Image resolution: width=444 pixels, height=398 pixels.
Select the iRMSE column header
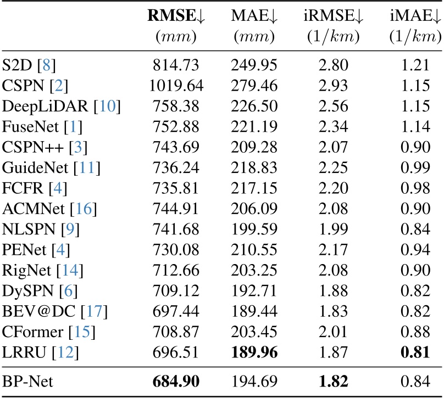[333, 17]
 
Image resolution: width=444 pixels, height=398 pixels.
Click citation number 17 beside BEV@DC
[95, 312]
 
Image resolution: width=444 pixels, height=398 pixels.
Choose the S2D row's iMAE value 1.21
[415, 66]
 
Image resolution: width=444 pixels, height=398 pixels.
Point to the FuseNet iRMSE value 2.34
[333, 123]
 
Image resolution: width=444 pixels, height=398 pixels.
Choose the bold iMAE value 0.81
[415, 350]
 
